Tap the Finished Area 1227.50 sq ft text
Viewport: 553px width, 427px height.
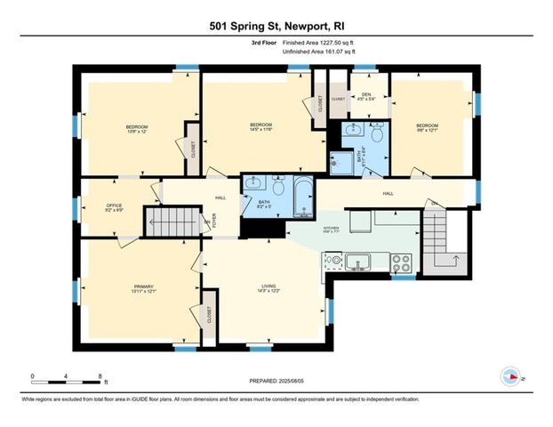(x=317, y=43)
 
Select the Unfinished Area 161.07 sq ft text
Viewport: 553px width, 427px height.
(x=316, y=52)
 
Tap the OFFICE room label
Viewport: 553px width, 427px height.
(x=114, y=206)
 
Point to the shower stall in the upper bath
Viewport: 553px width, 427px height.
(x=341, y=161)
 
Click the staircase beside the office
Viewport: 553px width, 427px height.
(x=175, y=220)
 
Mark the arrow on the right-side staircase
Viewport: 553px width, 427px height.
(x=453, y=259)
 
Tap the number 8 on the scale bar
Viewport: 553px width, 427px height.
(x=100, y=375)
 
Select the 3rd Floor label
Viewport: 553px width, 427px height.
(x=264, y=43)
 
